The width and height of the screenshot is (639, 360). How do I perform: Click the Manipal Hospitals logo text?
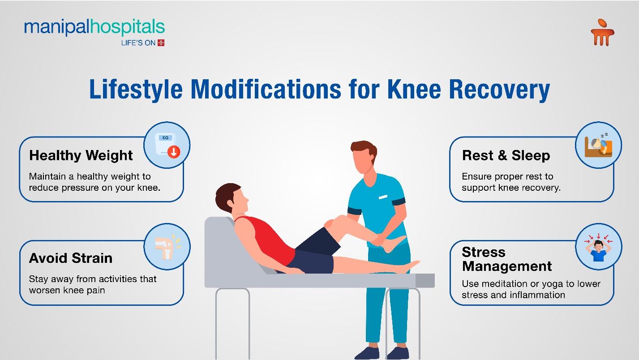(x=94, y=28)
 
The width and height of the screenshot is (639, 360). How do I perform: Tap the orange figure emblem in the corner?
(x=602, y=32)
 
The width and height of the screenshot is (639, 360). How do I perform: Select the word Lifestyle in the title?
(x=136, y=90)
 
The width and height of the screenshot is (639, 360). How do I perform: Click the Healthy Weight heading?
(x=81, y=155)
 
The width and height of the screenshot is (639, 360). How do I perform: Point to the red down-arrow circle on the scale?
(x=174, y=152)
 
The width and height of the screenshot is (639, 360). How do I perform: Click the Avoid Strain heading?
(x=71, y=258)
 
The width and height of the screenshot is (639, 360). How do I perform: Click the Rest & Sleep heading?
(x=506, y=155)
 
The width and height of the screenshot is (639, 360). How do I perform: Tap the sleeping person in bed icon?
(x=598, y=145)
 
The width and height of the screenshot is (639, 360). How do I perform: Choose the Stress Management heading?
(x=507, y=259)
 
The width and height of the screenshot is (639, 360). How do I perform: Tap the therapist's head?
(x=365, y=157)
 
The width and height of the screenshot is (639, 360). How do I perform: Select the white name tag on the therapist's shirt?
(x=383, y=197)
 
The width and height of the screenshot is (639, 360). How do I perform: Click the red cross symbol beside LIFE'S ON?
(x=161, y=43)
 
